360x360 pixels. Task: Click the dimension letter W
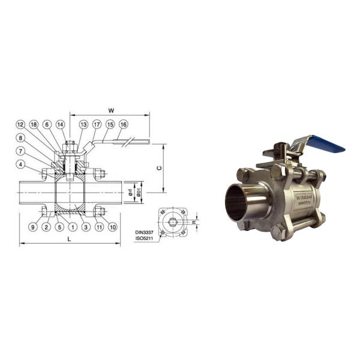(110, 110)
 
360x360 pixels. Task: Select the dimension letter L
(70, 239)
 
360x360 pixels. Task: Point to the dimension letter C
(159, 169)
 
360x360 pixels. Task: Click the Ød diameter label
(130, 193)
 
